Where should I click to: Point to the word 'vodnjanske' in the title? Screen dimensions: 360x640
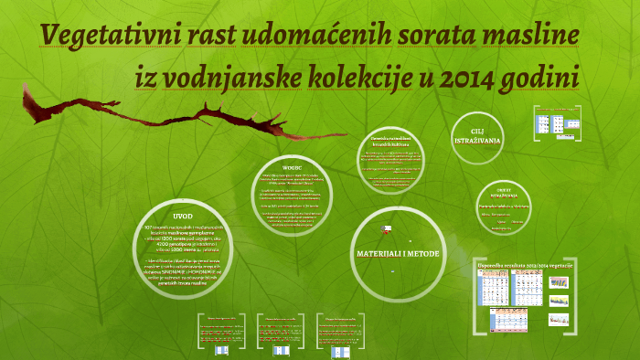[228, 80]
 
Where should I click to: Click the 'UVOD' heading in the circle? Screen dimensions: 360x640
[184, 216]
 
